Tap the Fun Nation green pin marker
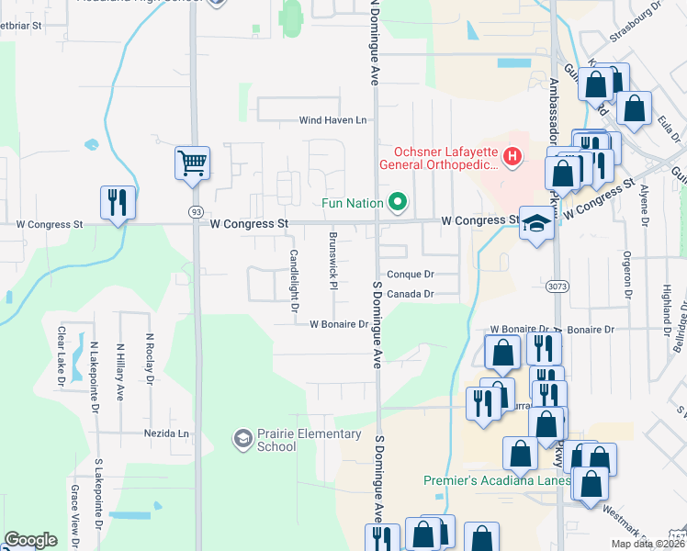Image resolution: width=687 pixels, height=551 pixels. [x=398, y=201]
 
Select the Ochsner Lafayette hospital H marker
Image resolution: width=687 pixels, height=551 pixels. [x=512, y=159]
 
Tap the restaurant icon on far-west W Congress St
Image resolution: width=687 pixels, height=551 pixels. [x=118, y=203]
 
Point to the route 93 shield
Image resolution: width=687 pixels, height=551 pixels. [x=196, y=210]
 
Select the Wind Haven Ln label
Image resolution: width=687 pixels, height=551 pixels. [x=332, y=120]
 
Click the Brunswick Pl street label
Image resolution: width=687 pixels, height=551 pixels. [x=333, y=259]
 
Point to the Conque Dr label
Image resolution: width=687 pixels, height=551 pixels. [x=410, y=274]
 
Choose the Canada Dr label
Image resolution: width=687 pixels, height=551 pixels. [x=410, y=294]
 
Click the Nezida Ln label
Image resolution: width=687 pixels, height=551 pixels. [x=165, y=433]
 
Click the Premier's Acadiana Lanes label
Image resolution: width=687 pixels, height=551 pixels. [x=497, y=480]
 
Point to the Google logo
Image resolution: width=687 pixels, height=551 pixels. [x=30, y=540]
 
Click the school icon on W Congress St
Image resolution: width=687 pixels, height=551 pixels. [x=535, y=224]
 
